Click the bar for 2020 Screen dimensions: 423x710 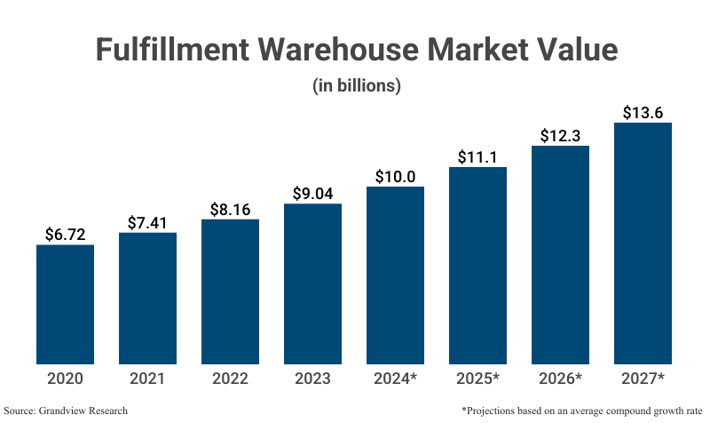[x=65, y=304]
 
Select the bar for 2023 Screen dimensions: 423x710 [x=312, y=283]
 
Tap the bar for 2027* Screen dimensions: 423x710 [x=643, y=243]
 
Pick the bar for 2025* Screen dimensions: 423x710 [x=477, y=265]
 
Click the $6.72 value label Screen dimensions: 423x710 [x=65, y=234]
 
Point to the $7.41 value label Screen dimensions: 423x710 [x=147, y=222]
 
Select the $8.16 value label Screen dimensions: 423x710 [x=230, y=209]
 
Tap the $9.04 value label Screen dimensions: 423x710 [x=312, y=193]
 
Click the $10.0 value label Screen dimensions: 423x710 [x=395, y=176]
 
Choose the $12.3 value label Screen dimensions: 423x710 [x=560, y=135]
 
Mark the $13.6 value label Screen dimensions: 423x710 [x=643, y=112]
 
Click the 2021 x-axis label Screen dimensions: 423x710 [x=147, y=379]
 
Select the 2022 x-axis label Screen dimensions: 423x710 [x=230, y=379]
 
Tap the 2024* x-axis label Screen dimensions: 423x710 [x=395, y=379]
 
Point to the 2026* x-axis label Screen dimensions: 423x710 [x=560, y=379]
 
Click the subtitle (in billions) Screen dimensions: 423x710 [x=356, y=86]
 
